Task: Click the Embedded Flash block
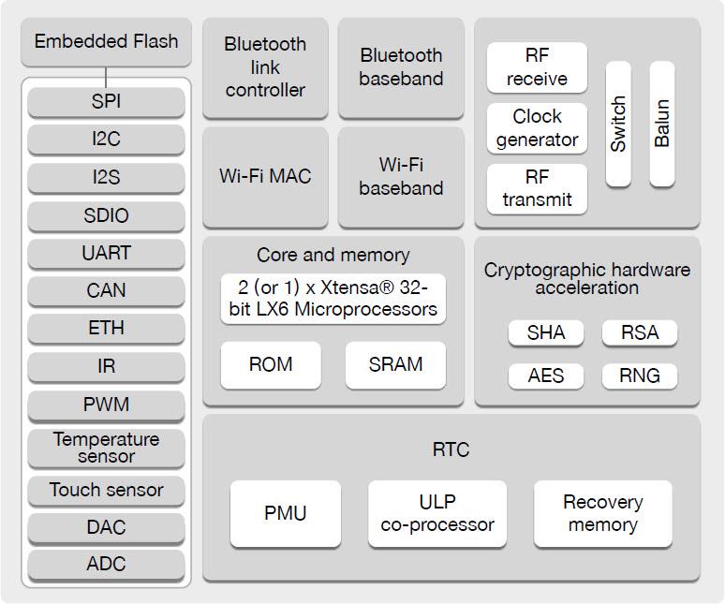click(x=106, y=42)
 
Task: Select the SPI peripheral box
click(x=106, y=101)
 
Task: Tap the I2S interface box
click(x=106, y=177)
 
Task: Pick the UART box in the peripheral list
click(x=106, y=253)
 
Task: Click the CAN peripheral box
click(x=106, y=290)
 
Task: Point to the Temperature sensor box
click(x=106, y=448)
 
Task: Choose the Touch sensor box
click(x=106, y=490)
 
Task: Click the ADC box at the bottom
click(x=106, y=564)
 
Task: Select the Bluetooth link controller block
click(x=265, y=67)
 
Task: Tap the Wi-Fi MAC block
click(x=265, y=176)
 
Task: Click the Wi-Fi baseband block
click(x=401, y=176)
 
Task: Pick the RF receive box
click(x=537, y=67)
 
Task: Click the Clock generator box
click(x=537, y=128)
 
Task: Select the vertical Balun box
click(x=662, y=124)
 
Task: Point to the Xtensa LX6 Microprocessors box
click(x=333, y=299)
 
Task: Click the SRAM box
click(x=395, y=364)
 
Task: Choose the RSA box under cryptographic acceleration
click(x=639, y=332)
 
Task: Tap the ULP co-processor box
click(x=436, y=513)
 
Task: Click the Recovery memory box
click(x=602, y=513)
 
